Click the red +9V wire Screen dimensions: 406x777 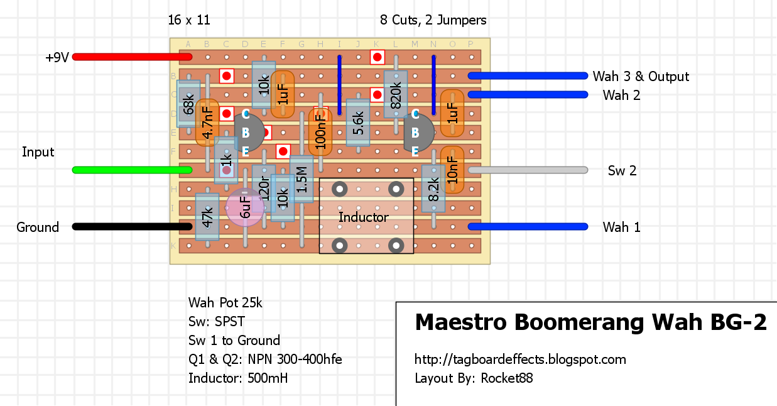point(126,57)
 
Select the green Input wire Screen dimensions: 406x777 point(126,170)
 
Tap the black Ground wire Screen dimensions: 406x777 point(126,226)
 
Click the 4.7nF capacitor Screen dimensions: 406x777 point(207,123)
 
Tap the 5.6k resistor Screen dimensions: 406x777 point(358,123)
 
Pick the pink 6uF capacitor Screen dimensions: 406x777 point(245,207)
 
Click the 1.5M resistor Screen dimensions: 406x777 point(302,179)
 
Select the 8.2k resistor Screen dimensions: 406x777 point(433,189)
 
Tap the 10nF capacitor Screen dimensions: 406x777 point(452,170)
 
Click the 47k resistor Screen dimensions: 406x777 point(207,217)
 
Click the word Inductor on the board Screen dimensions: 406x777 point(364,217)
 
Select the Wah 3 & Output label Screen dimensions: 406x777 point(641,77)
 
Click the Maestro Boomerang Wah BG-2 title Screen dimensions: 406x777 point(590,322)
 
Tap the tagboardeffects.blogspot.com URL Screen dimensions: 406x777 point(520,360)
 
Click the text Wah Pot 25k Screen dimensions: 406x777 point(225,303)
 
